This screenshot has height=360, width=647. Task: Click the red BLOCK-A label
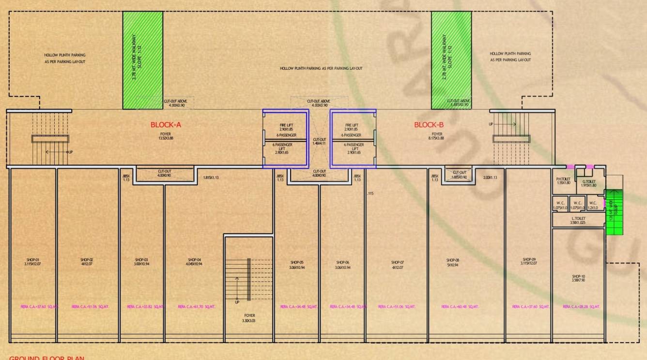pyautogui.click(x=166, y=125)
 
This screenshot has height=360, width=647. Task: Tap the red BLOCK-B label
pyautogui.click(x=429, y=125)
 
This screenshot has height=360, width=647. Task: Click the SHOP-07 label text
pyautogui.click(x=398, y=262)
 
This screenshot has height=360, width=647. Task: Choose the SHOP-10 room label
pyautogui.click(x=579, y=276)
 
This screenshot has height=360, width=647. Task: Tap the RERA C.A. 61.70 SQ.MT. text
pyautogui.click(x=196, y=307)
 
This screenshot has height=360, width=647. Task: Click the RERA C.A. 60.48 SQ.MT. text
pyautogui.click(x=460, y=307)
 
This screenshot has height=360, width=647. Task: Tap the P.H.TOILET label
pyautogui.click(x=564, y=179)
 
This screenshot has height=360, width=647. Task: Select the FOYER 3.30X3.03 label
pyautogui.click(x=249, y=317)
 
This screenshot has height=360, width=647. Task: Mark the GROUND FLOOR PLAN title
pyautogui.click(x=47, y=358)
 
